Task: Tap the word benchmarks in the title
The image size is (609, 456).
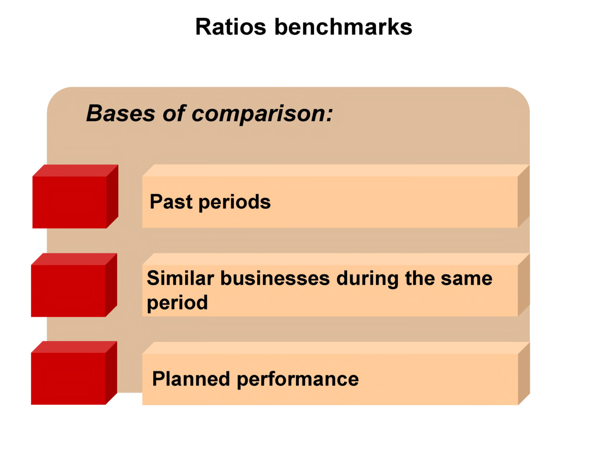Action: [343, 27]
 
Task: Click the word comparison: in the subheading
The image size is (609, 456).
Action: [262, 113]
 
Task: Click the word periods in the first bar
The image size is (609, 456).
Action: [234, 202]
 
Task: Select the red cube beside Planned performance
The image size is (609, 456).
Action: [70, 378]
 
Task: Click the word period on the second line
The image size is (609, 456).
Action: [177, 303]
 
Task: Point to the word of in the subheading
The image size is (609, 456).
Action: [174, 113]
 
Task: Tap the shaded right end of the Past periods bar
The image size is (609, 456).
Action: [524, 196]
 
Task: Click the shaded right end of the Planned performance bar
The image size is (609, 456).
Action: [524, 373]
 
